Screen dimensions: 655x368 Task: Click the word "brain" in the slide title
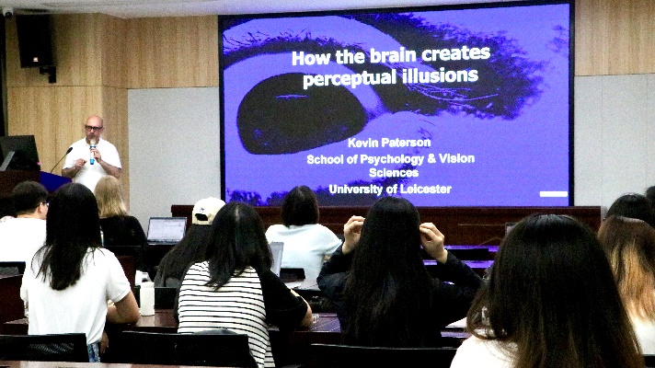[x=393, y=55]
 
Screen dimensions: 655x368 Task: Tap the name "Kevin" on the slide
[x=362, y=143]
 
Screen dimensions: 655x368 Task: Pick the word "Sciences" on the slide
[x=394, y=173]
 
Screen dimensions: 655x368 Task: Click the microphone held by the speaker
[x=92, y=152]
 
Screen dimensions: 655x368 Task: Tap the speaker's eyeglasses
[x=93, y=128]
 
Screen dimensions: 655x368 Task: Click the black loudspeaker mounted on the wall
[x=34, y=40]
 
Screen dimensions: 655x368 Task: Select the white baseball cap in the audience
[x=208, y=210]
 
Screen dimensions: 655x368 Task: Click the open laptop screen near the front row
[x=167, y=229]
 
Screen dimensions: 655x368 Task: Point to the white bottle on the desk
[x=147, y=298]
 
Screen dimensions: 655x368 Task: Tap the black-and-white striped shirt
[x=224, y=310]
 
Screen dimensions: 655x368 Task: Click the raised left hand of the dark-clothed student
[x=432, y=241]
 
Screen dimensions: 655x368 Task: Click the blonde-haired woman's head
[x=109, y=195]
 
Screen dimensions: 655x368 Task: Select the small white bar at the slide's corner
[x=554, y=194]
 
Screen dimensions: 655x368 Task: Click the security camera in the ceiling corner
[x=8, y=12]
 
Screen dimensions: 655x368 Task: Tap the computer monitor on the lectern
[x=19, y=153]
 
